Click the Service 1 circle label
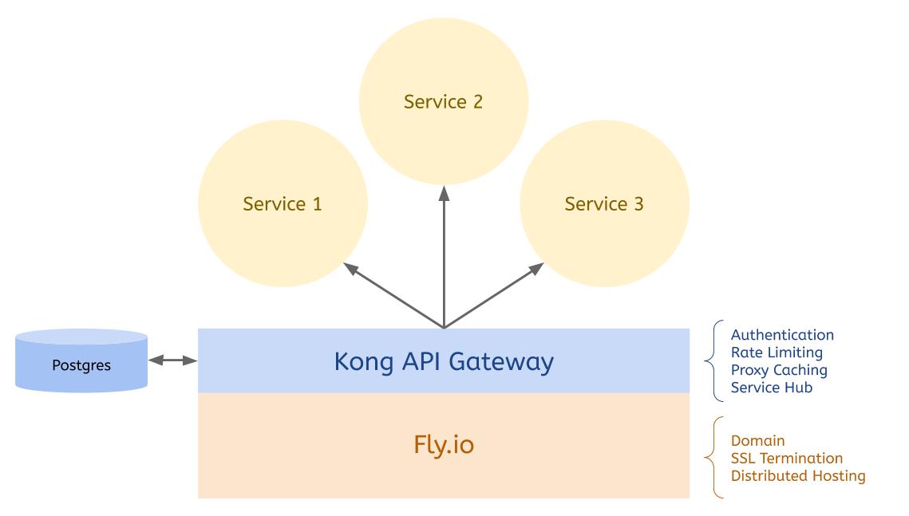tap(283, 204)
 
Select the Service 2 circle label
tap(443, 102)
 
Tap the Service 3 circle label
tap(604, 204)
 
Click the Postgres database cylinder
tap(81, 363)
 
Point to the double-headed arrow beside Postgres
tap(172, 361)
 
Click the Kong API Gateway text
tap(443, 361)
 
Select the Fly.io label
tap(443, 444)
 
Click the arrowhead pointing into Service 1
tap(349, 268)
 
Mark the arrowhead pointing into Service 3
tap(538, 268)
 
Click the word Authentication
tap(782, 335)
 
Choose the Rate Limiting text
tap(776, 353)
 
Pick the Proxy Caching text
tap(779, 370)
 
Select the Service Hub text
tap(772, 388)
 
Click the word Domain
tap(757, 441)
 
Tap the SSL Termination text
tap(786, 459)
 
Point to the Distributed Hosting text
tap(797, 476)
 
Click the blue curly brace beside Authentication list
tap(710, 360)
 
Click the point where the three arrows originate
tap(444, 327)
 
